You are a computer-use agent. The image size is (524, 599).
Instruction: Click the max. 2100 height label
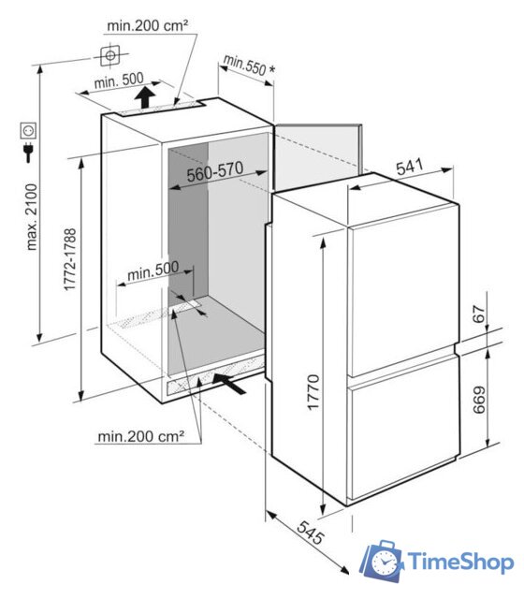[x=32, y=217]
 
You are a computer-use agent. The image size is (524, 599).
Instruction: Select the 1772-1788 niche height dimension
[x=70, y=260]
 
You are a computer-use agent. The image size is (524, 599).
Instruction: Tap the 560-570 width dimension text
[x=215, y=171]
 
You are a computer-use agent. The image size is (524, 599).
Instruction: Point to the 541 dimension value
[x=409, y=167]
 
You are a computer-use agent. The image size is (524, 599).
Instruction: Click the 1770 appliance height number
[x=313, y=393]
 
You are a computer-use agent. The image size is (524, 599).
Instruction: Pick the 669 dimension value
[x=479, y=400]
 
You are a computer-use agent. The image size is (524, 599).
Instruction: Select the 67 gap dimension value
[x=479, y=314]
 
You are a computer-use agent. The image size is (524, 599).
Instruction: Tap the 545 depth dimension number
[x=311, y=533]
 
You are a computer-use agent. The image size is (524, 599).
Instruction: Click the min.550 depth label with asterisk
[x=249, y=66]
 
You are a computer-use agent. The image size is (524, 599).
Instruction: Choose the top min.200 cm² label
[x=148, y=25]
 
